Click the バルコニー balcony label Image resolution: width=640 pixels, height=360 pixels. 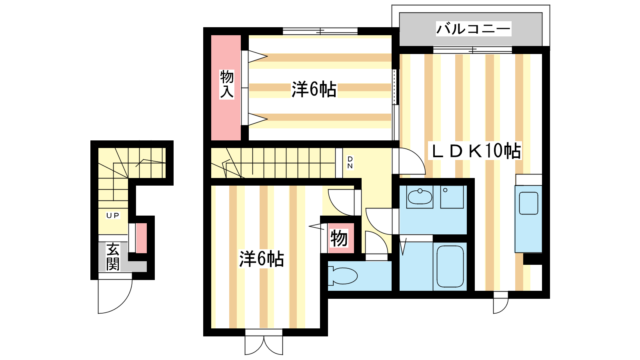(474, 28)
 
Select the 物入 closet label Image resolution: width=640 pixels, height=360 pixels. (227, 84)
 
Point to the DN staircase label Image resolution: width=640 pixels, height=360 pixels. (350, 162)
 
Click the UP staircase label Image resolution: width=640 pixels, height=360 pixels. (113, 216)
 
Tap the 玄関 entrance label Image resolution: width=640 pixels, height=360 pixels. (113, 256)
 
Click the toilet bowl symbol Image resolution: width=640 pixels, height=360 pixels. (342, 276)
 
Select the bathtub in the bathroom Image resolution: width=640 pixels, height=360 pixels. (450, 266)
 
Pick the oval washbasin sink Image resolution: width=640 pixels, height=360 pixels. (420, 196)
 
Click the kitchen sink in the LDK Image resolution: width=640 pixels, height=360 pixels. (528, 203)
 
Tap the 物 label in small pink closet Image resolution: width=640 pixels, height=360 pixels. (339, 238)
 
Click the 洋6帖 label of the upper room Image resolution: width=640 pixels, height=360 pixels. (314, 89)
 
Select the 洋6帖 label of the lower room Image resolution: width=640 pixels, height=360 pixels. (262, 259)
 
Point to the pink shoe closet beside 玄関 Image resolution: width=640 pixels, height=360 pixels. (141, 238)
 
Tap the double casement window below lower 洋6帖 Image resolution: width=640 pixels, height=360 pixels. (264, 342)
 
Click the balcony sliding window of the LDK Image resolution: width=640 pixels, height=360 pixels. (472, 50)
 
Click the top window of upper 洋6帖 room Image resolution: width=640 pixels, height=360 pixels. (320, 31)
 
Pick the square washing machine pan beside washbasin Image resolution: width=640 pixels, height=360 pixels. (452, 196)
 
